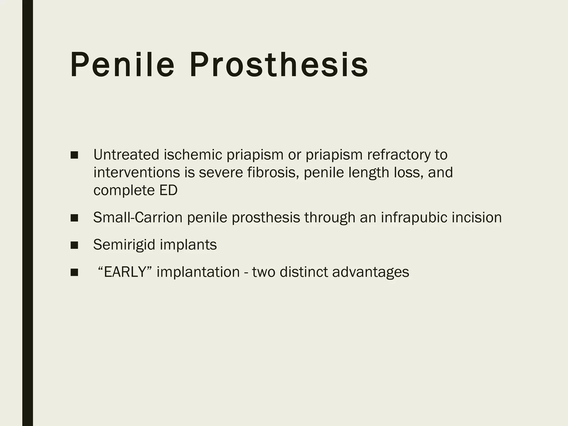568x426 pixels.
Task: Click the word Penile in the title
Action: tap(122, 65)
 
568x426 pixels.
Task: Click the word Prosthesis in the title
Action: tap(279, 65)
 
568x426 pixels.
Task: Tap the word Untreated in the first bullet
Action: tap(126, 154)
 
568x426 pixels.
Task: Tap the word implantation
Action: tap(198, 272)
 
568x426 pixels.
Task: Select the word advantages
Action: tap(371, 272)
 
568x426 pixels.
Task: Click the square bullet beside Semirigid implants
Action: tap(74, 245)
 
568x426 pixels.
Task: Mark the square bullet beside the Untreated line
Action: tap(74, 155)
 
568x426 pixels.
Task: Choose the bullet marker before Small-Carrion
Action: tap(74, 218)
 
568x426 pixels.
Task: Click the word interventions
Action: tap(137, 172)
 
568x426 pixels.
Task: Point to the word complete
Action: tap(124, 190)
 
